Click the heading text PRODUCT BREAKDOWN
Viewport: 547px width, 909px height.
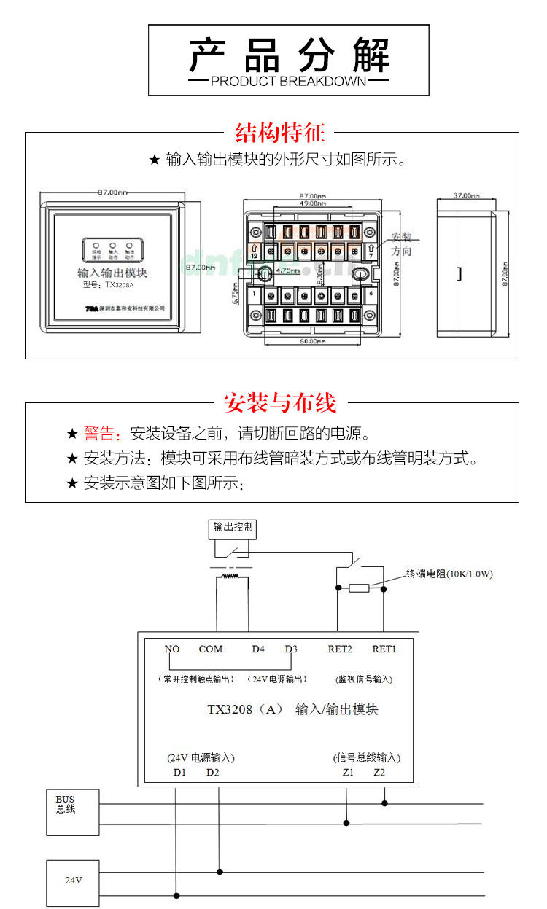click(x=288, y=81)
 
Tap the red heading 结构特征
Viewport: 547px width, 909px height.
click(x=280, y=133)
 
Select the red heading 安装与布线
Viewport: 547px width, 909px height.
click(x=280, y=402)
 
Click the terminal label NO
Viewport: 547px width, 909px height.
click(x=172, y=649)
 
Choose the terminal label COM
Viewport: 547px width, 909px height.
click(x=211, y=649)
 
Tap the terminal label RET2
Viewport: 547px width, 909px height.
click(x=340, y=649)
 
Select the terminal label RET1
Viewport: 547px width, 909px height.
click(x=384, y=649)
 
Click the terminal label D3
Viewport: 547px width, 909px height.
click(x=291, y=649)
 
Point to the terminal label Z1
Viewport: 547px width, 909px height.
click(x=348, y=772)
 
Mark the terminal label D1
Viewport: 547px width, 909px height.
click(x=179, y=772)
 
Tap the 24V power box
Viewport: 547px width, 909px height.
click(x=73, y=880)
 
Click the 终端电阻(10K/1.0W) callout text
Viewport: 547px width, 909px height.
click(x=449, y=574)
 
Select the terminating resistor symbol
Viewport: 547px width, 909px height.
click(x=359, y=588)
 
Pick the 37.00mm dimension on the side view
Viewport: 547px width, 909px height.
click(x=466, y=195)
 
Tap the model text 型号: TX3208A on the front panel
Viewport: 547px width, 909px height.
click(x=109, y=285)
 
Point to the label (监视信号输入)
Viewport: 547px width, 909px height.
click(x=364, y=679)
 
